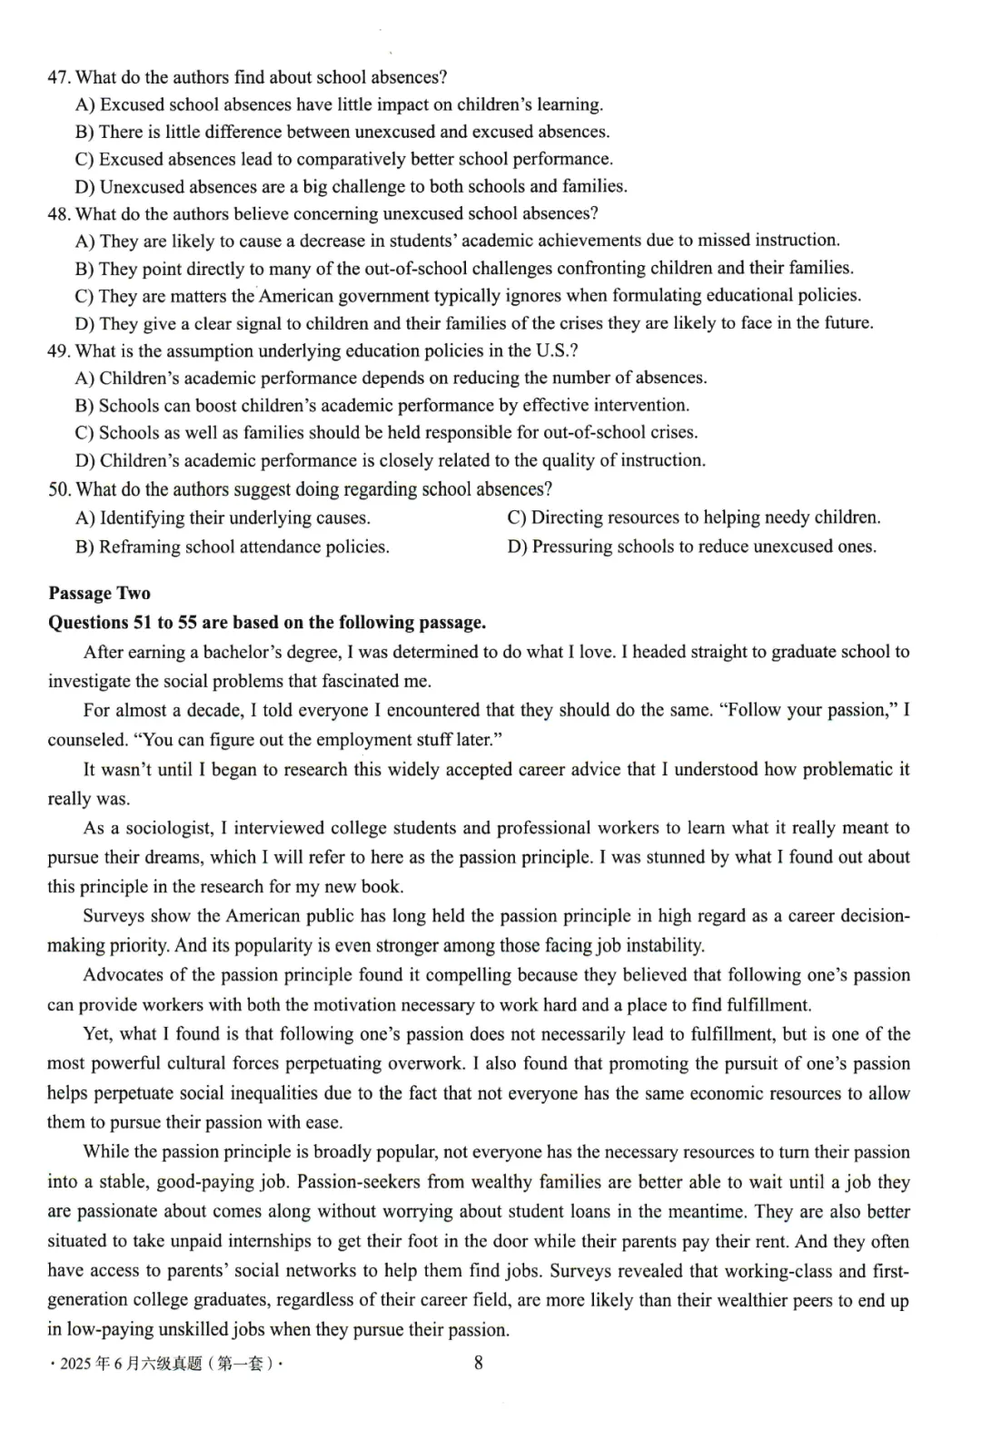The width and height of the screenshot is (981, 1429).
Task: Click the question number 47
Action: tap(59, 77)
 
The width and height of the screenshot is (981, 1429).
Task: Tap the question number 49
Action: tap(59, 350)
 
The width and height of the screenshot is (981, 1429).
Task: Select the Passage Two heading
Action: tap(99, 593)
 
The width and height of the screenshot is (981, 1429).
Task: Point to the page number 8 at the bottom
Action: tap(479, 1362)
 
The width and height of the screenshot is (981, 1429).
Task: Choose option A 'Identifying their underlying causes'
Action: tap(223, 517)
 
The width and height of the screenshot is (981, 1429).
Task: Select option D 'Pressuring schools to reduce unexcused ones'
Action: tap(691, 546)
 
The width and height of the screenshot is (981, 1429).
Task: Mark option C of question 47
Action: tap(343, 159)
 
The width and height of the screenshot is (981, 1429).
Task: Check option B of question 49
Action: tap(381, 405)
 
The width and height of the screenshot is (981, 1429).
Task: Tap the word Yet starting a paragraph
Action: tap(97, 1033)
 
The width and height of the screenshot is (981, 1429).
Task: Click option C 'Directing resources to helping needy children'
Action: tap(693, 517)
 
